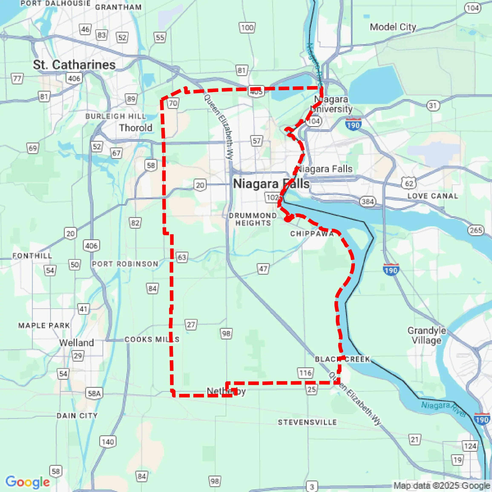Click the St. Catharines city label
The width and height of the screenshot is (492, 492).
point(74,65)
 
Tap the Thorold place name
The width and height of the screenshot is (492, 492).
point(135,128)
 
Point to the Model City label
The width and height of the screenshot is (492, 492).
point(393,27)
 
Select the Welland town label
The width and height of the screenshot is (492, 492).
point(76,342)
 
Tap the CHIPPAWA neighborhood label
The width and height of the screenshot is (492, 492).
point(312,234)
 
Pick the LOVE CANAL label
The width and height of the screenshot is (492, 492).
point(433,196)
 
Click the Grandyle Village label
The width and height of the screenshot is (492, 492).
point(427,335)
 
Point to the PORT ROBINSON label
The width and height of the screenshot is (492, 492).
point(125,264)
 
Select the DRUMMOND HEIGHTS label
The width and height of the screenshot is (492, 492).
point(253,219)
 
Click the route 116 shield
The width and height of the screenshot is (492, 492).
point(305,373)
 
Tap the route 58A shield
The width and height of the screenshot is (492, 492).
point(94,393)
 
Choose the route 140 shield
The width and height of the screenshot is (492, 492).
point(108,442)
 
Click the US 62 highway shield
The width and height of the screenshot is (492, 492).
point(409,183)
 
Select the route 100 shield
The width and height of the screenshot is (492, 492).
point(247,27)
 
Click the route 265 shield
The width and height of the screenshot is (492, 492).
point(476,230)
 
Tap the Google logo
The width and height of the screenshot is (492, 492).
point(27,482)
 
